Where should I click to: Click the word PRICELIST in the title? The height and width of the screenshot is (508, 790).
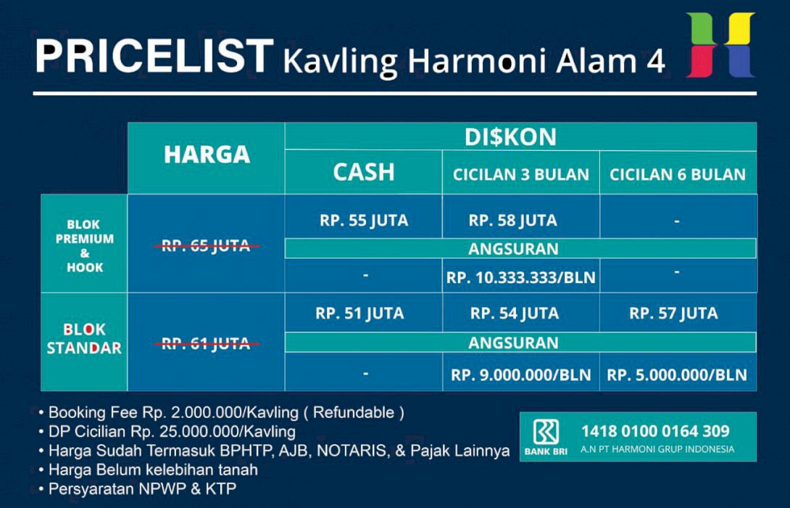pos(154,57)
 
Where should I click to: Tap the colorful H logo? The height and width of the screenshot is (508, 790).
pos(720,45)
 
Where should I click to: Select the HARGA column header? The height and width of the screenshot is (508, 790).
pos(207,155)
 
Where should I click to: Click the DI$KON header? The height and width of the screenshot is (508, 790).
pos(520,136)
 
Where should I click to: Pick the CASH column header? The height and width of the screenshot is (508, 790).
pos(364,173)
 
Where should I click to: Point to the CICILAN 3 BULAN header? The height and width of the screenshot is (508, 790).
pos(520,174)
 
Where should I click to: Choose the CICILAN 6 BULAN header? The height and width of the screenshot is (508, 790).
pos(677,174)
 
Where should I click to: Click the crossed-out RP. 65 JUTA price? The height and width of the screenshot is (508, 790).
pos(206,246)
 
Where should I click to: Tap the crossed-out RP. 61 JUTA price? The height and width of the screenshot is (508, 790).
pos(206,343)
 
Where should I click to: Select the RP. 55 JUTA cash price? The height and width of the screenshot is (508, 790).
pos(364,221)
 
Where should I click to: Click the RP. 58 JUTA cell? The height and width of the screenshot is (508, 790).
pos(513,221)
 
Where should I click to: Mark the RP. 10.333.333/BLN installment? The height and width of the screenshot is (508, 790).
pos(520,278)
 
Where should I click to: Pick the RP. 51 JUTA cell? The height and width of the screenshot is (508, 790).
pos(359,314)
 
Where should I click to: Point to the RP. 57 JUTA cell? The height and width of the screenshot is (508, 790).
pos(673,314)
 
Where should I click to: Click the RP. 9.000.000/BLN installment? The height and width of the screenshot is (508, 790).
pos(520,375)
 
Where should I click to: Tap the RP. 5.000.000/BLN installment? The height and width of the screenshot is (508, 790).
pos(677,375)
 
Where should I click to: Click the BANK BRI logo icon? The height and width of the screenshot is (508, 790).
pos(546,433)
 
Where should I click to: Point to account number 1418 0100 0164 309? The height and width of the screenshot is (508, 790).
pos(655,431)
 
